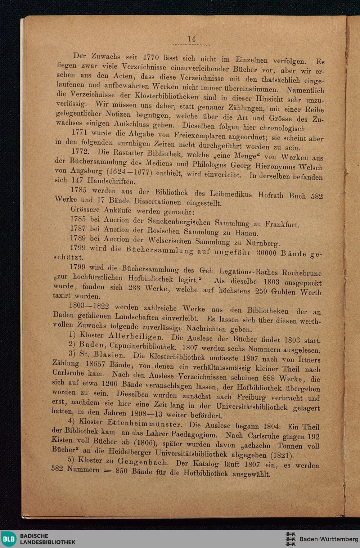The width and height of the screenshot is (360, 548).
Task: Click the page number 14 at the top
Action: point(191,39)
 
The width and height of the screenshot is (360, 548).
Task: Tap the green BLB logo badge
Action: point(9,539)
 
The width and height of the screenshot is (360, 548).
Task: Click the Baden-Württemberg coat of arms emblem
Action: point(290,539)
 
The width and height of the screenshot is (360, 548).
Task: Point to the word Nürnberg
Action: point(261,243)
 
